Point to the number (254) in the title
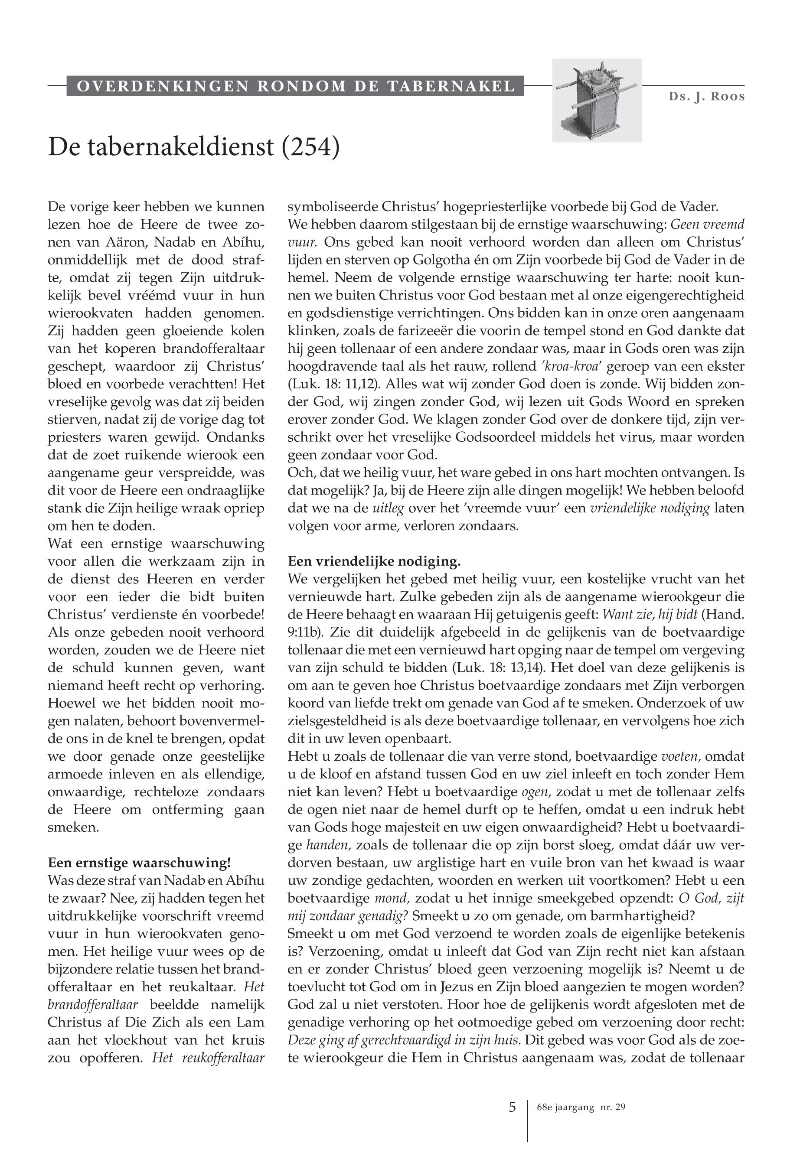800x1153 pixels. (311, 147)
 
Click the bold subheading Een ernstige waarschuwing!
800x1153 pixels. (139, 863)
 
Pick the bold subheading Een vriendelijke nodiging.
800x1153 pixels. (374, 561)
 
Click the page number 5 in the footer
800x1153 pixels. (512, 1107)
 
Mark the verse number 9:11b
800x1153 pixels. (306, 632)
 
